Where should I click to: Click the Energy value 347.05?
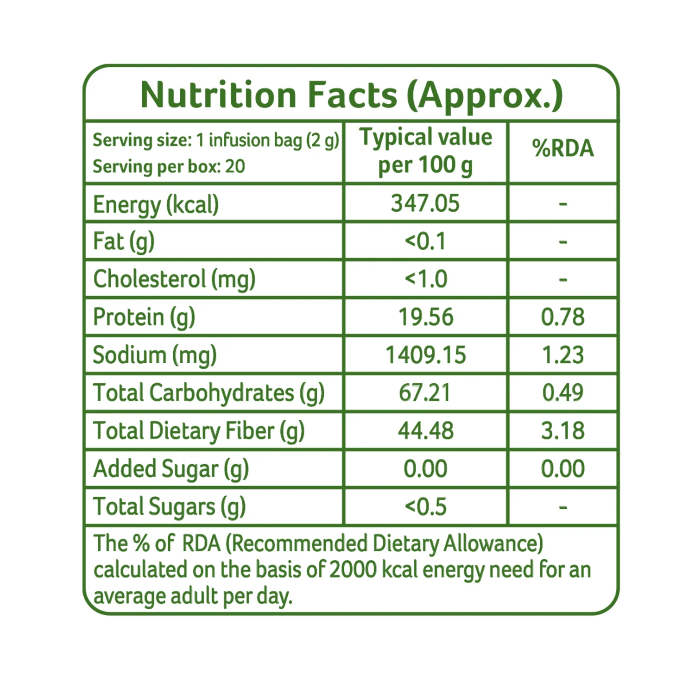425,203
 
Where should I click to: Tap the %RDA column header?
563,148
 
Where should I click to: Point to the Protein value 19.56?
426,317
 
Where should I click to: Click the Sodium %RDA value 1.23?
563,355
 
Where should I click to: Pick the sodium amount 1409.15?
426,355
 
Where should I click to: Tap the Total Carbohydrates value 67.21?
425,393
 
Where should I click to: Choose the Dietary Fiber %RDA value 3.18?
563,431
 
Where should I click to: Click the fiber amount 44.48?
426,431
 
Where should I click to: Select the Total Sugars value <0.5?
426,507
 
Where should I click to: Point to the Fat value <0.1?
425,241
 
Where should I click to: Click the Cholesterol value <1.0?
426,279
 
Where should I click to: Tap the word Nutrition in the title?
218,95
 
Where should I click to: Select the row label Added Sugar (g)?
171,469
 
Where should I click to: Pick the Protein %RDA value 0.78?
563,317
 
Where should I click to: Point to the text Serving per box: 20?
169,167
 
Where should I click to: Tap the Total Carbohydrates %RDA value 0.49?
563,393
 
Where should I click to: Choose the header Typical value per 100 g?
426,152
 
